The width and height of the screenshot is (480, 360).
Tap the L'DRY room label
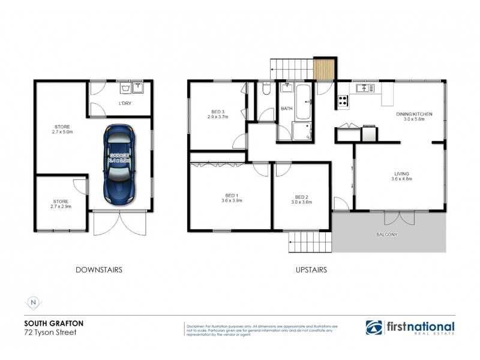(125, 104)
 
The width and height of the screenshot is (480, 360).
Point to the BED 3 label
(217, 114)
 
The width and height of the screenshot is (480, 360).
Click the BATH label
(286, 109)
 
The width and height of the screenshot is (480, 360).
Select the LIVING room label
(400, 176)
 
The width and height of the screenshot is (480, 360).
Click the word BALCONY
(386, 235)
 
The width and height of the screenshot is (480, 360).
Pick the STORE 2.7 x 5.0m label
(62, 130)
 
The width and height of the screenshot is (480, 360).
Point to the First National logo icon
(374, 328)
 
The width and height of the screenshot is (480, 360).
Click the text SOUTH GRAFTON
(53, 323)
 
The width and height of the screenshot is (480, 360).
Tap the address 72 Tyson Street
(50, 332)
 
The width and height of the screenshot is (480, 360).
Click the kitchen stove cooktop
(343, 101)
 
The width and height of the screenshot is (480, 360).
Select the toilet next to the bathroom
(266, 90)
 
